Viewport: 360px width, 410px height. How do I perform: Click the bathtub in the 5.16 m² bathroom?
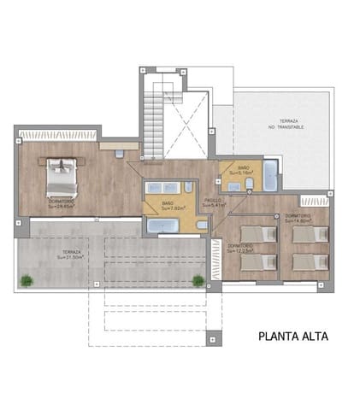(x=269, y=175)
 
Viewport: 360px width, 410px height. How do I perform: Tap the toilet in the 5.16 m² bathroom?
(x=249, y=184)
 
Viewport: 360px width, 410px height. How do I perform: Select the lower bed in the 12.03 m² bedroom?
(x=258, y=263)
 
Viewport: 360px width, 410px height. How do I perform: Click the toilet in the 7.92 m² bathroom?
(x=200, y=225)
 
